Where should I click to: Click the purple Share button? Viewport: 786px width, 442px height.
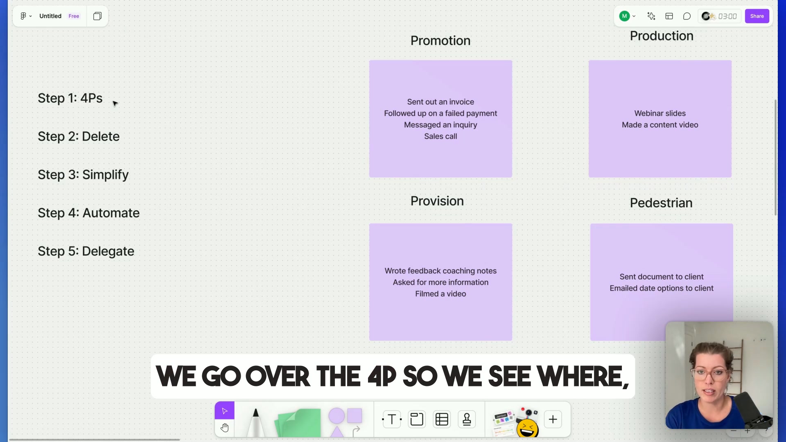tap(757, 16)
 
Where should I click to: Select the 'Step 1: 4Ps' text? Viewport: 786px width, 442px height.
tap(70, 98)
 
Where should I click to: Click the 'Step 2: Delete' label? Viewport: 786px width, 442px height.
tap(79, 136)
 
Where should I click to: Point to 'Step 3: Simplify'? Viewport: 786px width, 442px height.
tap(83, 175)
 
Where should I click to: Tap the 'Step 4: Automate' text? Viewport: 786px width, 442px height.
tap(88, 213)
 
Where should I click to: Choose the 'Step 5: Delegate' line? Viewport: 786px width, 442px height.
tap(86, 251)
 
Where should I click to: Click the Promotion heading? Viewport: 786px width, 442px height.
tap(440, 41)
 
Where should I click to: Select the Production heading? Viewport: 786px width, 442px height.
tap(662, 36)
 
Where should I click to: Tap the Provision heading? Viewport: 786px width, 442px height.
tap(437, 201)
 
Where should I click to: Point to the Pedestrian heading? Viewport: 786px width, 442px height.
tap(661, 203)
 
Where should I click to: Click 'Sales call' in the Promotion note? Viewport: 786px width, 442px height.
tap(440, 136)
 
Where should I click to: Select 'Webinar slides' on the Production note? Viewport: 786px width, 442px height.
tap(660, 113)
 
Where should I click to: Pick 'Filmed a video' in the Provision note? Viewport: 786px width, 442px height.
tap(440, 294)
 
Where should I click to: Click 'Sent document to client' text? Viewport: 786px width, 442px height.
tap(662, 277)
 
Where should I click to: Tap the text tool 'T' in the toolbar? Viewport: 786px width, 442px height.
tap(392, 419)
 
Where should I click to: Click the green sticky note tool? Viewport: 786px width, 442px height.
tap(298, 422)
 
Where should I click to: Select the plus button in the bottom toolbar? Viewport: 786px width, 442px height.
tap(553, 419)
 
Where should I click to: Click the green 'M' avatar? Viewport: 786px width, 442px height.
tap(624, 16)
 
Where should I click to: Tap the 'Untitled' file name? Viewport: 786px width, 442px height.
tap(50, 16)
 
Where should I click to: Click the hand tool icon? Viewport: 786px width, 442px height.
tap(224, 428)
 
